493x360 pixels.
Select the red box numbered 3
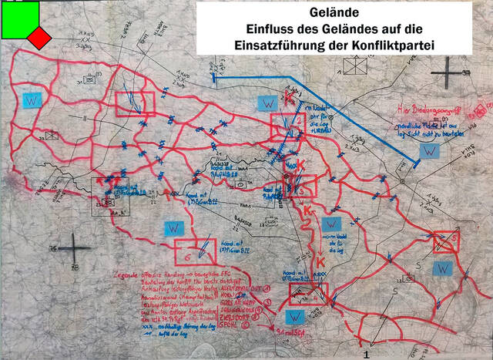click(x=446, y=242)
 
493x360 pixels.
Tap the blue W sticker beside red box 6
click(x=173, y=228)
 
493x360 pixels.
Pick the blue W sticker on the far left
click(x=32, y=101)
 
